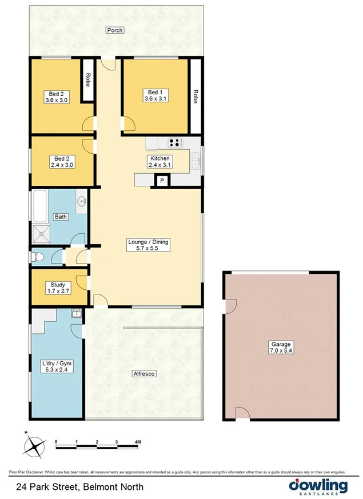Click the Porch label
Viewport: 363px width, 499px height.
click(x=114, y=30)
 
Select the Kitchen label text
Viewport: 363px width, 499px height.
click(x=160, y=161)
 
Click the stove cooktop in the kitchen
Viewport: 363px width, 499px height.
click(x=175, y=142)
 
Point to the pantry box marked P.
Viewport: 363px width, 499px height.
click(x=162, y=181)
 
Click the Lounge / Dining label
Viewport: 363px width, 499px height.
click(x=148, y=245)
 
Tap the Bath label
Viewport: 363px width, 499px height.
click(x=61, y=217)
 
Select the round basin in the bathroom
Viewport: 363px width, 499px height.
click(x=81, y=201)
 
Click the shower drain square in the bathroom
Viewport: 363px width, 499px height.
click(x=41, y=232)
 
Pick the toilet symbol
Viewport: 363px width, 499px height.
click(x=38, y=257)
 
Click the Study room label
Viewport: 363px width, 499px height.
click(x=57, y=288)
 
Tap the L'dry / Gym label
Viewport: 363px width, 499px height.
click(x=57, y=366)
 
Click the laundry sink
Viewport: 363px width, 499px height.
click(x=75, y=313)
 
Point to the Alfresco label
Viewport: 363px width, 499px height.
click(x=144, y=373)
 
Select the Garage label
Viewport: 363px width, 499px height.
click(x=281, y=348)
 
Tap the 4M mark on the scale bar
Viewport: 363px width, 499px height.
click(x=137, y=442)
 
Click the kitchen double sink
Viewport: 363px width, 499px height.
click(x=196, y=160)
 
